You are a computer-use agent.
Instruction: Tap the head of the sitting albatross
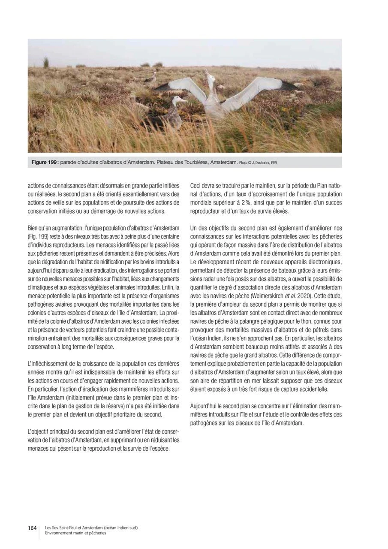click(178, 100)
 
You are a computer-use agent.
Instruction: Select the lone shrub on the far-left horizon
click(46, 63)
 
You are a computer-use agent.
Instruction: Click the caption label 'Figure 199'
click(45, 163)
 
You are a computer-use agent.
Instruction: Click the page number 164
click(32, 528)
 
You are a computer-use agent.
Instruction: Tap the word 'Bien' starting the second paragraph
click(33, 226)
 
